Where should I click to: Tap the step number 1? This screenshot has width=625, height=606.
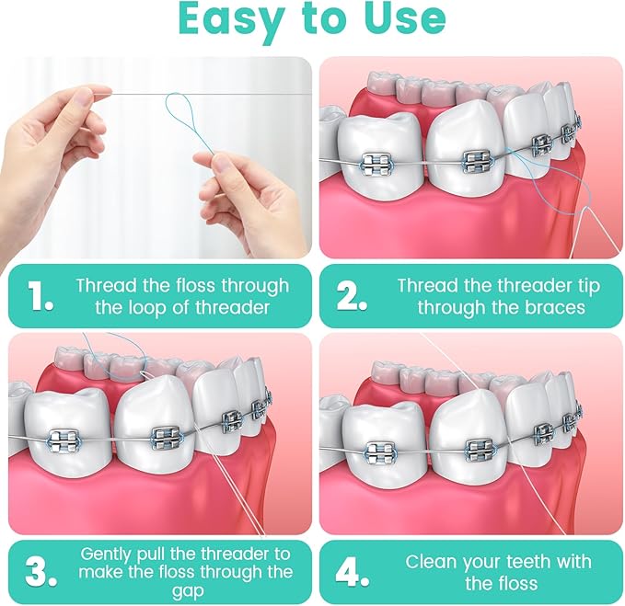pyautogui.click(x=40, y=296)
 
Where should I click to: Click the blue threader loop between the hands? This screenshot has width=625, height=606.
pyautogui.click(x=184, y=120)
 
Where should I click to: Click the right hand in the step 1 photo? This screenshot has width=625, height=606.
pyautogui.click(x=249, y=198)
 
